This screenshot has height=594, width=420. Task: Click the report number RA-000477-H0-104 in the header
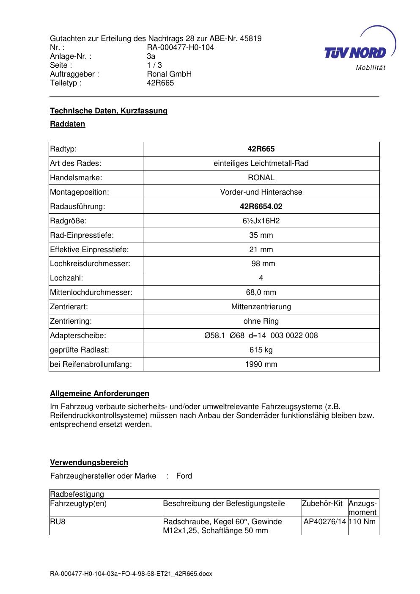coord(180,47)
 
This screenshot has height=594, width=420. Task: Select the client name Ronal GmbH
coord(169,74)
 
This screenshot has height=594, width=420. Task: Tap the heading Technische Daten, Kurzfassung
coord(109,111)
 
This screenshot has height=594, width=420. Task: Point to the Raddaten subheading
coord(68,124)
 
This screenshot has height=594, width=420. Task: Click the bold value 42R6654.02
coord(261,206)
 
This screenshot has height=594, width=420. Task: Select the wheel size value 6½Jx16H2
coord(261,221)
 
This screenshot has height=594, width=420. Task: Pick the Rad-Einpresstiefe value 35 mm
coord(261,235)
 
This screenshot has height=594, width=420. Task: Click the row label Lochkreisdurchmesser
coord(90,264)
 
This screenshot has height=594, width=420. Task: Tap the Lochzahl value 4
coord(261,278)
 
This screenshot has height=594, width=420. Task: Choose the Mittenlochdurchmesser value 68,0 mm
coord(261,292)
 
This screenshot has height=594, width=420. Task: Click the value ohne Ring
coord(261,321)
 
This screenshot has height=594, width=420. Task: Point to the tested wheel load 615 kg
coord(261,350)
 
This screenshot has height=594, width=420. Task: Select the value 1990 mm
coord(261,364)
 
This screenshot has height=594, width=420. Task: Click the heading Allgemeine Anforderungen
coord(99,393)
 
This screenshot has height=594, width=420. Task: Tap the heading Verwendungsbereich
coord(89,462)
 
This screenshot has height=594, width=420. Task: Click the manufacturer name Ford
coord(184,476)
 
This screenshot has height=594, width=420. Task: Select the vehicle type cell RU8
coord(58,522)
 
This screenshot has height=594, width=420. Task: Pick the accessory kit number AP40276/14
coord(325,522)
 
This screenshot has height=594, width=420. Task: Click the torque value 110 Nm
coord(362,522)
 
